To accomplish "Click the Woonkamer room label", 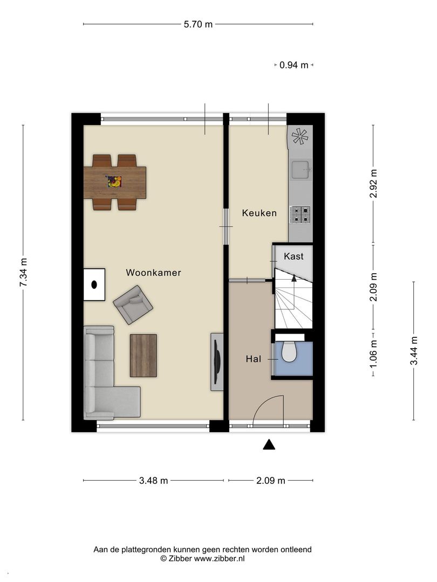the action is coord(153,273).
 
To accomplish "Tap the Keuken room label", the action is coord(260,213).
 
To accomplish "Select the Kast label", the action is coord(293,256).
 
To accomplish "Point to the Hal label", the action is coord(254,359).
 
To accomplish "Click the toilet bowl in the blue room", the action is coord(289,352).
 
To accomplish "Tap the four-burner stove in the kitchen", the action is coord(301,214).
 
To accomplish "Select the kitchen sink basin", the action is coord(301,170).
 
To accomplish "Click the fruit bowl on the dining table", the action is coord(115,182).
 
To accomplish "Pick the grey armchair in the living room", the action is coord(133,304).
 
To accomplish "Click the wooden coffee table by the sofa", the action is coord(144,356).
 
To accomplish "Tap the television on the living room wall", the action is coord(217,362).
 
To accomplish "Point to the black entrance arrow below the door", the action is coord(269,444).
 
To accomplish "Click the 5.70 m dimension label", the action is coord(198,24).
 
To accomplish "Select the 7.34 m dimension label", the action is coord(23,272).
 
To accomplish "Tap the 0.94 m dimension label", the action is coord(294,65).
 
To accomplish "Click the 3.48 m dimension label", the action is coord(153,481).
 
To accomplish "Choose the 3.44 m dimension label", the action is coord(414,350).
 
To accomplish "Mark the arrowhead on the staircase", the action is coord(294,278).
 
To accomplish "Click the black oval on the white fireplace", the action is coord(94,285).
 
